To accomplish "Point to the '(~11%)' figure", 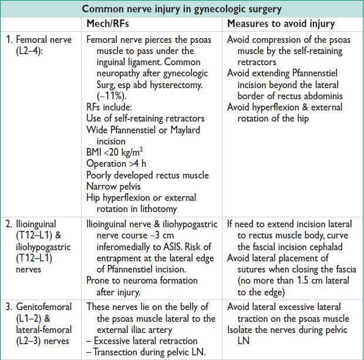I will coord(102,96).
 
